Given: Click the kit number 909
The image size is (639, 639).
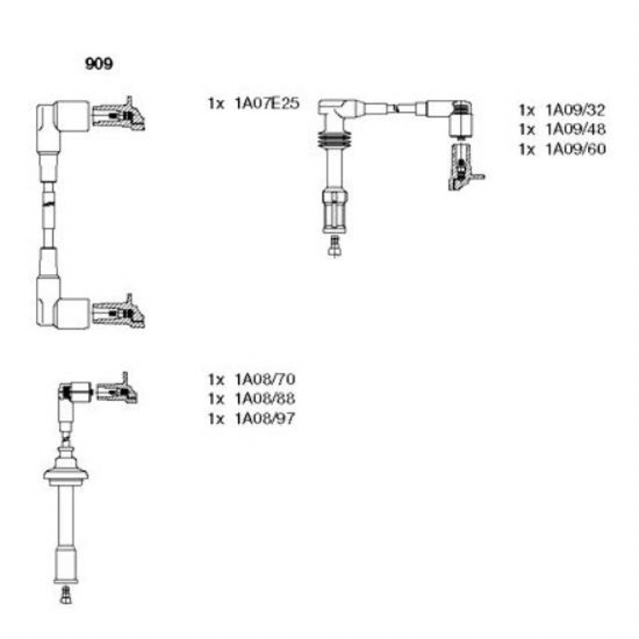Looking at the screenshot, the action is tap(98, 64).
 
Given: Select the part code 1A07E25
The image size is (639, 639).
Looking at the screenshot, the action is tap(267, 103).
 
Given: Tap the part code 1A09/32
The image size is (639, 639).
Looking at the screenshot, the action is tap(575, 109).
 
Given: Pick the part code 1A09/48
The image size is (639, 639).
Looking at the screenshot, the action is tap(575, 129).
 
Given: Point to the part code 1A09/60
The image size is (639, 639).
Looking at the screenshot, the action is tap(575, 149).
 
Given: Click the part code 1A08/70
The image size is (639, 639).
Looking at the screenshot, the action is tap(265, 379).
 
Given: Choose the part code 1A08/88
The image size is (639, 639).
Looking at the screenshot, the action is tap(265, 399).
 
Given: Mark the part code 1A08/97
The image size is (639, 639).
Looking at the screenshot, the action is tap(265, 418).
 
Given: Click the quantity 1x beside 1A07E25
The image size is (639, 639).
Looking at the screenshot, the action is tap(216, 104).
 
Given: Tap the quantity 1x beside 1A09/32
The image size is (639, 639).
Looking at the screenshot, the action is tap(527, 110).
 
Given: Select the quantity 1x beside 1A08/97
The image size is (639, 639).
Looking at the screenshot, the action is tap(216, 419).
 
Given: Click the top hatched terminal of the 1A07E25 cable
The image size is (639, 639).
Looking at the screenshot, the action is tap(119, 114).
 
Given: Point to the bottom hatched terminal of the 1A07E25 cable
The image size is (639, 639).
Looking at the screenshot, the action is tap(119, 312).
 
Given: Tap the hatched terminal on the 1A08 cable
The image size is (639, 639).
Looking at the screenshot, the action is tap(117, 389).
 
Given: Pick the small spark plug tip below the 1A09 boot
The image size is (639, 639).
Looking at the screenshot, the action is tap(334, 246).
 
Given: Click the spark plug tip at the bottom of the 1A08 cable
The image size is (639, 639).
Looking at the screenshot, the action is tap(65, 595).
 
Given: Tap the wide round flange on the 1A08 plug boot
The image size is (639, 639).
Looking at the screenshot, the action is tap(66, 474).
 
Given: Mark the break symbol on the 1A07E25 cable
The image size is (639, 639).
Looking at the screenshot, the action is tap(49, 203).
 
